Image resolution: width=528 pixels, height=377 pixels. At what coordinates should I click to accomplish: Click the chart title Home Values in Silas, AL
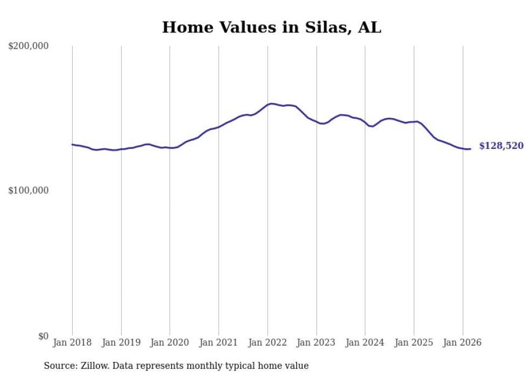272,28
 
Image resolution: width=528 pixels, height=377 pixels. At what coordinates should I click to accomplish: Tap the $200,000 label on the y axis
29,46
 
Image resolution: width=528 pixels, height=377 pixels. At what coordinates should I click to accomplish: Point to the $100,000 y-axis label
29,191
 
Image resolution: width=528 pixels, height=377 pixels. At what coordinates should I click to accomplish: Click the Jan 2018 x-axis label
72,342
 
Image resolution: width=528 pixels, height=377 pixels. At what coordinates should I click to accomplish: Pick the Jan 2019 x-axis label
121,342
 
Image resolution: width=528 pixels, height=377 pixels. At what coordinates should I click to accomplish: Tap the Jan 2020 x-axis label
170,342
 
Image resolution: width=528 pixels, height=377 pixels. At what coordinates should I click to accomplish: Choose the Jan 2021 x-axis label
219,342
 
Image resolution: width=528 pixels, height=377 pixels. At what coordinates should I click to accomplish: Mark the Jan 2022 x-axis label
268,342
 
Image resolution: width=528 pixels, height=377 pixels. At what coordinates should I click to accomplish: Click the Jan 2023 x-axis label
316,342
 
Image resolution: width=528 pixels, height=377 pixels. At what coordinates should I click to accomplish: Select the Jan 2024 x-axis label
365,342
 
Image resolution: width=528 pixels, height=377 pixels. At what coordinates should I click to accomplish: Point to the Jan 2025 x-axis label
414,342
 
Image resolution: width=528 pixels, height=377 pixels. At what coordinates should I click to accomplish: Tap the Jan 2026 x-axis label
463,342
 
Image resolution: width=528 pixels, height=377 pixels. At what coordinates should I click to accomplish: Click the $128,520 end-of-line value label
501,146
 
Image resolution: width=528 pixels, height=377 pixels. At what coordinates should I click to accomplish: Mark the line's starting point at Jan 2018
72,144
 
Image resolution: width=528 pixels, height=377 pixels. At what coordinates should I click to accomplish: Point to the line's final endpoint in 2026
470,149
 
